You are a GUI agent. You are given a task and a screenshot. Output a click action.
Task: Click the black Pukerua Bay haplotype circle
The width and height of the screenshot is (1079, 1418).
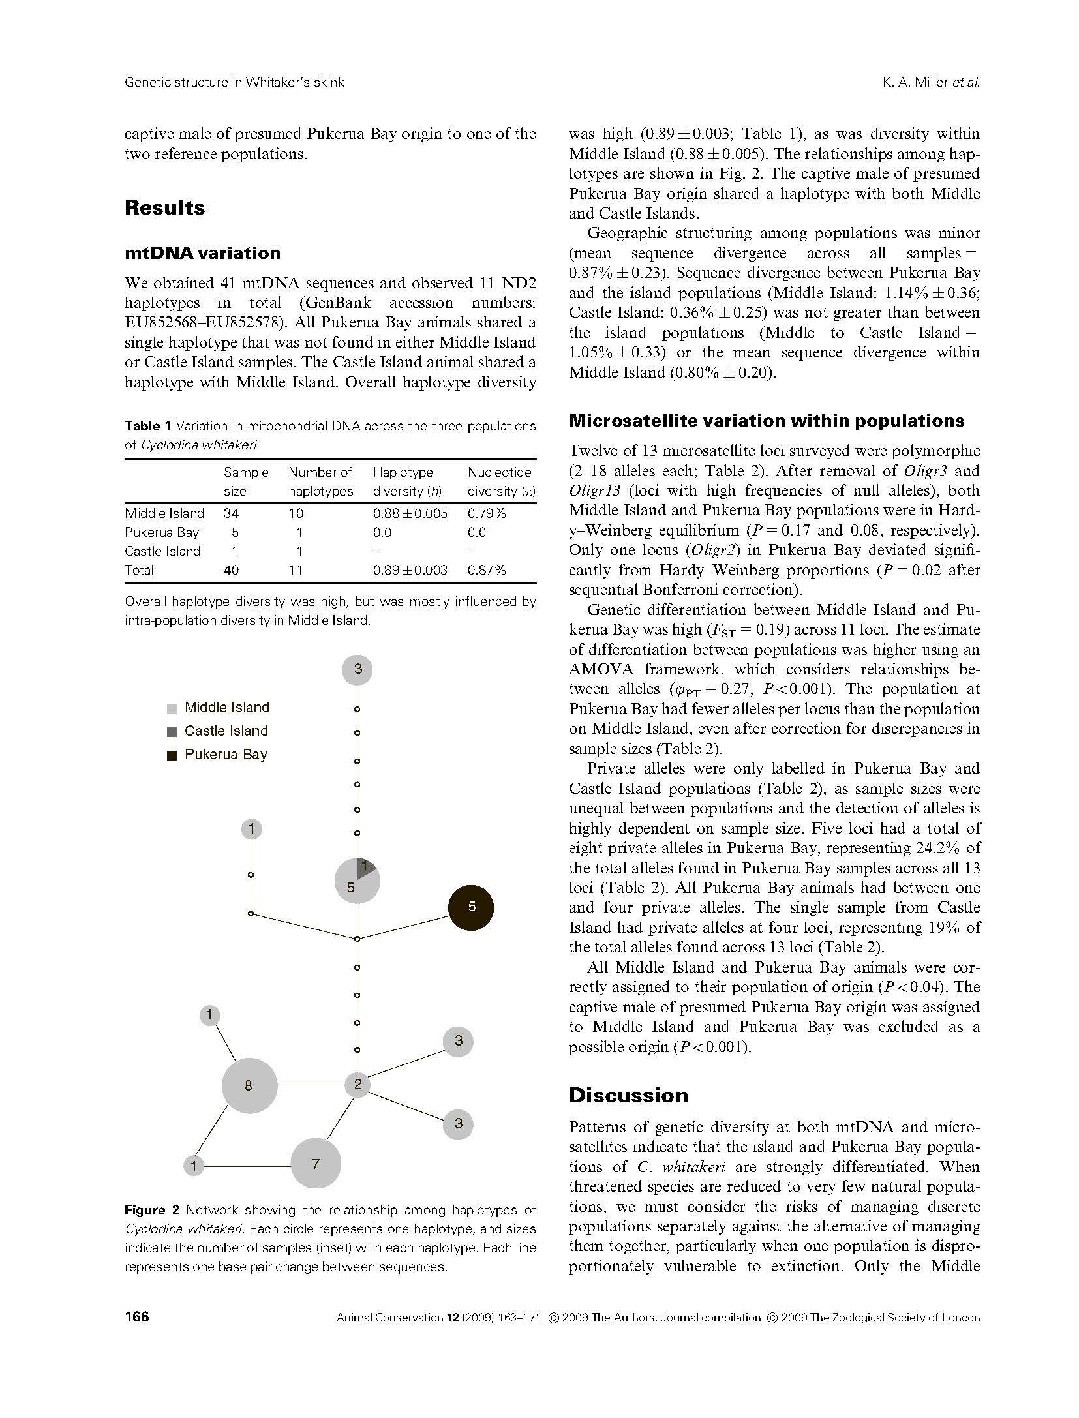click(470, 907)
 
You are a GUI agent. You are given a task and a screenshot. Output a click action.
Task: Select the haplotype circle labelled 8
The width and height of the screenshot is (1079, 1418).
click(249, 1085)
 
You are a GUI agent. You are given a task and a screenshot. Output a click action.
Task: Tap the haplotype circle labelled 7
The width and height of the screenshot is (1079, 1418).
click(316, 1164)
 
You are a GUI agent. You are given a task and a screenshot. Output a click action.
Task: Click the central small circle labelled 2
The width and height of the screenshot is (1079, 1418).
click(357, 1085)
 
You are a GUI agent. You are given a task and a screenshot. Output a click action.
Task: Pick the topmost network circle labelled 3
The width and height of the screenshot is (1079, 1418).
click(357, 669)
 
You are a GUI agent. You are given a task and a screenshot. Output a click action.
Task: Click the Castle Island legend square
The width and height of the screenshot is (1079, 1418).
click(172, 731)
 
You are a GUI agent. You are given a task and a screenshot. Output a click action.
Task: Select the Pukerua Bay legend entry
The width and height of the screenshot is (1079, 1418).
click(225, 755)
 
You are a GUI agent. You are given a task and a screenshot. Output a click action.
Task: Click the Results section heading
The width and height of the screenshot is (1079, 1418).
click(164, 207)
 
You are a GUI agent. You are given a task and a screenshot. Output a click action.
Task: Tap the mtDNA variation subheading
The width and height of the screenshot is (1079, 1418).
click(202, 253)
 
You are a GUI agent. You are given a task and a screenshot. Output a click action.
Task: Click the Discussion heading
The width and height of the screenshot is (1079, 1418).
click(628, 1095)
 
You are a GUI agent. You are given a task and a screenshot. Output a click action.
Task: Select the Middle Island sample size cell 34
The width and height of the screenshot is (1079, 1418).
click(231, 513)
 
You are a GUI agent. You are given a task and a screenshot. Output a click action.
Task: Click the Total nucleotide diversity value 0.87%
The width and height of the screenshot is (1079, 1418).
click(487, 570)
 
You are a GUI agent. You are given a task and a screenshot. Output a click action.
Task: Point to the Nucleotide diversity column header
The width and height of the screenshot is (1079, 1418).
click(500, 481)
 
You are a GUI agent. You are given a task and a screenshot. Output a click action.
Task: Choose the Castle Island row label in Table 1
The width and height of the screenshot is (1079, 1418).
click(162, 551)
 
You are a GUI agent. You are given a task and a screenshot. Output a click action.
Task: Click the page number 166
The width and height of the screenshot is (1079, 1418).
click(137, 1316)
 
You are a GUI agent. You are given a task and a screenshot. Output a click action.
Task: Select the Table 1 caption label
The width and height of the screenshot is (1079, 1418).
click(147, 426)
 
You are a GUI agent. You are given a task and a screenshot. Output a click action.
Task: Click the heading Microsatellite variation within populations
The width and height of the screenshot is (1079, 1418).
click(767, 421)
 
